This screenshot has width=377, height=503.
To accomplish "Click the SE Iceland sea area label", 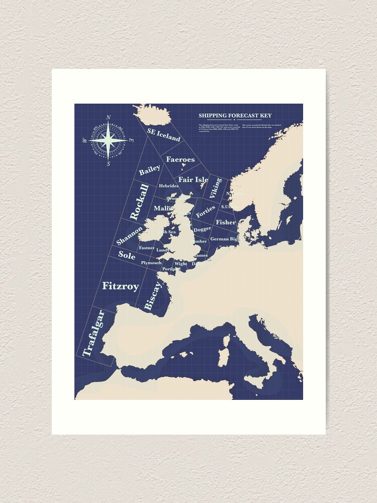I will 163,134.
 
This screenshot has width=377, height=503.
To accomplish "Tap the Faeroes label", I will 180,159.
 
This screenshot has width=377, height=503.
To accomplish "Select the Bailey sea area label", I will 149,171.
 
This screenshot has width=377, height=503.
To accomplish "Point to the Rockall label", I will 139,202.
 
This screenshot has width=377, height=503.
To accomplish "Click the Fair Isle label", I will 193,180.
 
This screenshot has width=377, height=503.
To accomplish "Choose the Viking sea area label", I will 216,188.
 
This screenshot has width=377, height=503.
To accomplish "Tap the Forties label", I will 206,211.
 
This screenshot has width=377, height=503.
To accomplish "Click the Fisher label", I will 225,222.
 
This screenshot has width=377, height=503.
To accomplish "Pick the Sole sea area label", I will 127,255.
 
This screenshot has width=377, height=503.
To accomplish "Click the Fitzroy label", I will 121,286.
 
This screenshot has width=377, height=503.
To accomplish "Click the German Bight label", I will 225,239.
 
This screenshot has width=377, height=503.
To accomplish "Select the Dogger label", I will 203,229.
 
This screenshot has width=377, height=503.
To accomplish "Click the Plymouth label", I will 151,263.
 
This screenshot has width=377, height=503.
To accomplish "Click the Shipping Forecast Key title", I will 235,116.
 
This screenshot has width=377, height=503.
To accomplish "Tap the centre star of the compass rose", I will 108,141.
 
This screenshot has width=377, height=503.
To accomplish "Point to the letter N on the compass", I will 109,118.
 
